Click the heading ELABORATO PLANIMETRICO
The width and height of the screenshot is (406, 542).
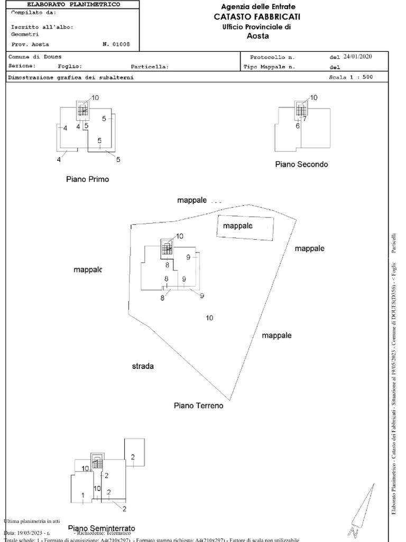click(73, 4)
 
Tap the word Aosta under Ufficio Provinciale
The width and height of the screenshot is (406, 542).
click(257, 36)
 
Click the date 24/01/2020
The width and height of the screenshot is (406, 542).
click(358, 56)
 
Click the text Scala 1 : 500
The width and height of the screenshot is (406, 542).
click(350, 77)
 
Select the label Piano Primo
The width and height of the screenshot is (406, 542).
click(87, 179)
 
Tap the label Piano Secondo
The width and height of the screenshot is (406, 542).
click(301, 164)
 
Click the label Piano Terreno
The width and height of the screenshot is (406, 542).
click(198, 405)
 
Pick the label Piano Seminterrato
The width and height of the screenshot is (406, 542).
click(101, 528)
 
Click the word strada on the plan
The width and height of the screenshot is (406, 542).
click(143, 366)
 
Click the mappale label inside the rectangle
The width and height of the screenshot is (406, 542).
click(237, 225)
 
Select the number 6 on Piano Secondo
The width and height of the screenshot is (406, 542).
click(298, 126)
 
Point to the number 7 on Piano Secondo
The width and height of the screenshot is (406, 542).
click(304, 119)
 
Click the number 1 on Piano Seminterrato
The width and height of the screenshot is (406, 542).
click(83, 495)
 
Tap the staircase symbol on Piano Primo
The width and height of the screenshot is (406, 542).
click(82, 110)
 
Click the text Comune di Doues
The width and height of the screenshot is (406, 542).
click(27, 57)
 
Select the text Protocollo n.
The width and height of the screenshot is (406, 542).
click(272, 57)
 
